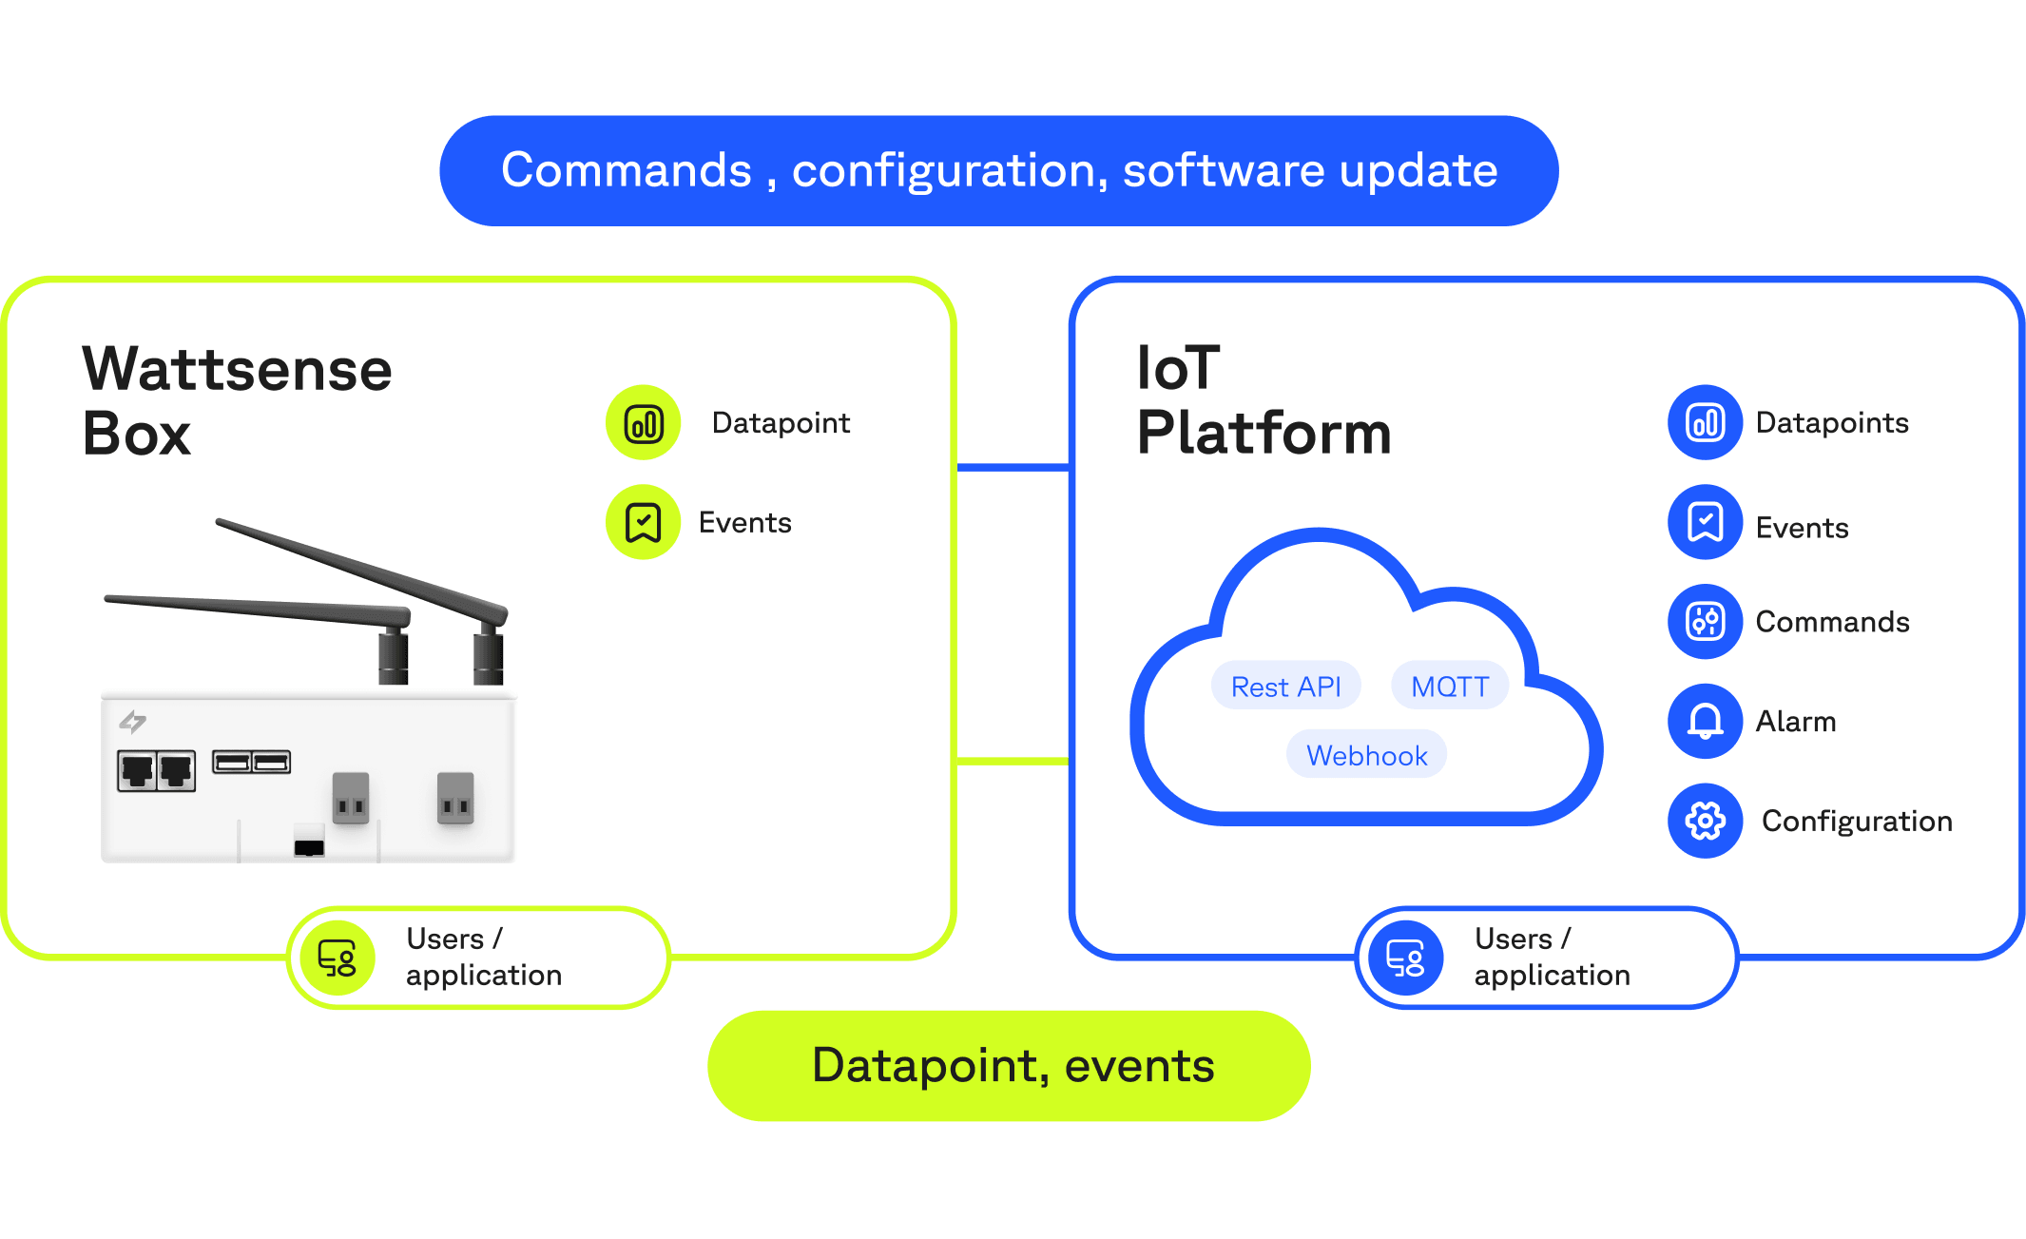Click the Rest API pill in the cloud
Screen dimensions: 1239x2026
tap(1285, 686)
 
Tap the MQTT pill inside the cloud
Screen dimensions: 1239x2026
tap(1449, 686)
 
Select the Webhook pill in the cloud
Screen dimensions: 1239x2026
tap(1366, 755)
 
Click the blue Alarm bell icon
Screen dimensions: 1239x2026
tap(1705, 721)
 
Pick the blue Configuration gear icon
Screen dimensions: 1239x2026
tap(1705, 821)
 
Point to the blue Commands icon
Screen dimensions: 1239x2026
tap(1705, 621)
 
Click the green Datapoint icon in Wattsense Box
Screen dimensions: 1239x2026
tap(644, 422)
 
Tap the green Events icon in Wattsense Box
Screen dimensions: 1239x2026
tap(644, 522)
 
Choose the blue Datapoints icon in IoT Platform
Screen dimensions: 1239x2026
tap(1705, 422)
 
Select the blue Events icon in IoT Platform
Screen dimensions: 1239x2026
tap(1705, 522)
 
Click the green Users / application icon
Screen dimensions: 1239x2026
tap(338, 958)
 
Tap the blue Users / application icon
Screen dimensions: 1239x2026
tap(1405, 958)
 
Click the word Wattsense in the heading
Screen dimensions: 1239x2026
tap(237, 369)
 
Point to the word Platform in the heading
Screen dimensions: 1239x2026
tap(1264, 433)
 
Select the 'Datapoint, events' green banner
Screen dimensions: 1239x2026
tap(1009, 1065)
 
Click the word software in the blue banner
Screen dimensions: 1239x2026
tap(1223, 170)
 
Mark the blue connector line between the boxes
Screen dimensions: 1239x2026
tap(1013, 467)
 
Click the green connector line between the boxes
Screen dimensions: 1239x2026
tap(1013, 761)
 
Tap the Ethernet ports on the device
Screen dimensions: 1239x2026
tap(156, 769)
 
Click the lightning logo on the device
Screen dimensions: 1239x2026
tap(132, 722)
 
